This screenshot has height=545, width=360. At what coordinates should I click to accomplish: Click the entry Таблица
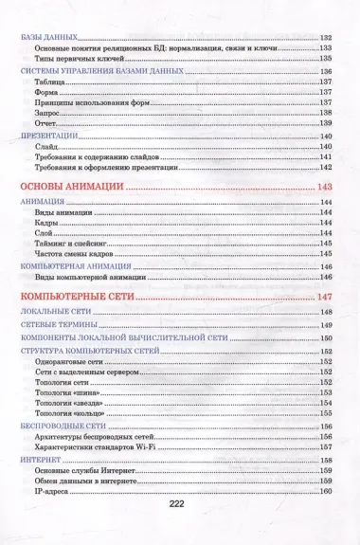49,82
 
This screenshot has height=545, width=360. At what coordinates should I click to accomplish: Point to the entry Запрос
46,111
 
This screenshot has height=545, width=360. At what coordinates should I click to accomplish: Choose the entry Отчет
45,124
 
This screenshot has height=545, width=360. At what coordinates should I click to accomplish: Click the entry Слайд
45,147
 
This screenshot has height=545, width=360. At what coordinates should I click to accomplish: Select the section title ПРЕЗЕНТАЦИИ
48,135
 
